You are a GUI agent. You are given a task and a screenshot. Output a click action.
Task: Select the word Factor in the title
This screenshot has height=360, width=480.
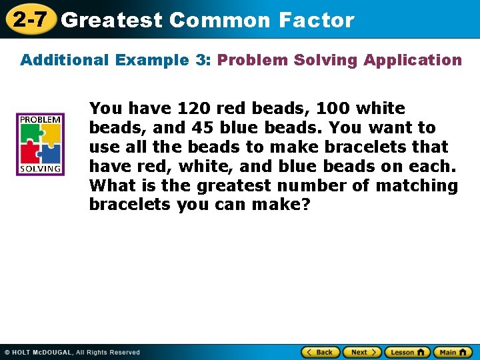(x=317, y=20)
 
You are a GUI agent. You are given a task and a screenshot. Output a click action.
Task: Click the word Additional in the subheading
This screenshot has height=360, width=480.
(x=65, y=60)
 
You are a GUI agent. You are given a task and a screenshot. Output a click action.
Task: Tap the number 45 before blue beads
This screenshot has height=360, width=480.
(x=203, y=127)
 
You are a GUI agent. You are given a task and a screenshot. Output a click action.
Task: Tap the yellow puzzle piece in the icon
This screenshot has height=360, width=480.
(x=50, y=134)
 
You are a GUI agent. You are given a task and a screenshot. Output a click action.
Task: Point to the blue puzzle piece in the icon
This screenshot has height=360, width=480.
(x=50, y=153)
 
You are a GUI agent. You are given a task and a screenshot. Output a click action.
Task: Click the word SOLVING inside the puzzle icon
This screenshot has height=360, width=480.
(x=40, y=169)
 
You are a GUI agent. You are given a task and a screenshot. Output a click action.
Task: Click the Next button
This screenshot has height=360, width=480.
(x=362, y=352)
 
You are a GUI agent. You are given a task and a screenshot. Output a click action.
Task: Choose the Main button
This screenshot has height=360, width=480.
(x=453, y=352)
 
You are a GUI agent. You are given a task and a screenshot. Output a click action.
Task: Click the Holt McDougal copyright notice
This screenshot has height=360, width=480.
(x=72, y=352)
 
